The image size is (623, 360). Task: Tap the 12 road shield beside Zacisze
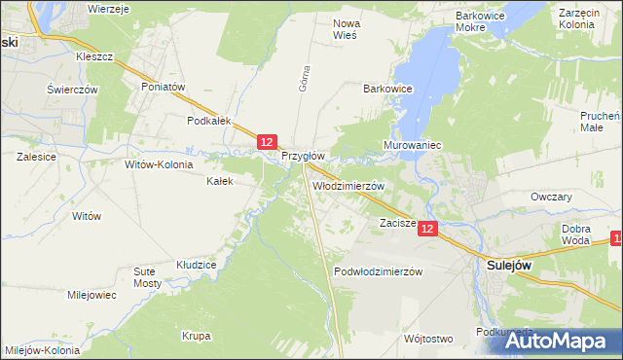[430, 227]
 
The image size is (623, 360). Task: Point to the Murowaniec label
[415, 145]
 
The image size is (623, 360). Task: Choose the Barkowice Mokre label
[484, 22]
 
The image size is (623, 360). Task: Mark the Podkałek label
[208, 121]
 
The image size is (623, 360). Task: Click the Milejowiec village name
[92, 295]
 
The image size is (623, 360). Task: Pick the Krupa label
[196, 337]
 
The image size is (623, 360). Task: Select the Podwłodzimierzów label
[378, 271]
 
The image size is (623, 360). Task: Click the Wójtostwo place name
[427, 340]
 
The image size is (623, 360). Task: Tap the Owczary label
[550, 197]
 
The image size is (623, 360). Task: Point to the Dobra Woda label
[576, 234]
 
